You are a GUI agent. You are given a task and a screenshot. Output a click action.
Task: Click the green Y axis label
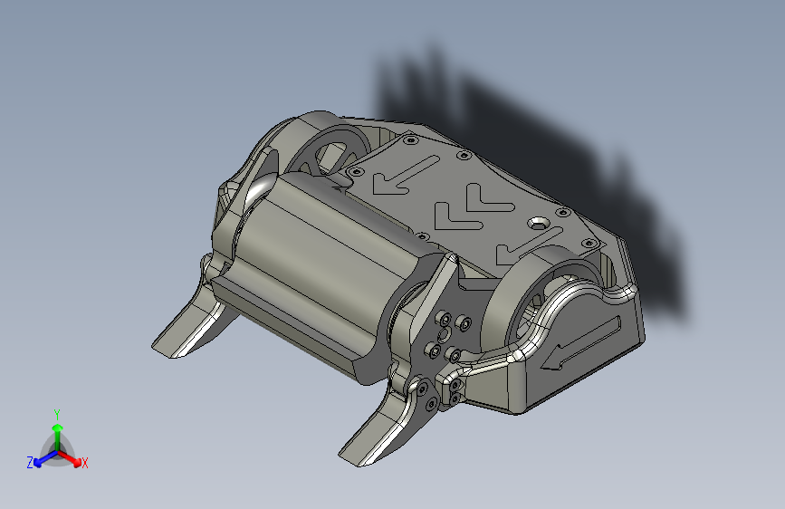(x=56, y=413)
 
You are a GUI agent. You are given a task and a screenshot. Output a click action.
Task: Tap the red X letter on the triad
(x=85, y=464)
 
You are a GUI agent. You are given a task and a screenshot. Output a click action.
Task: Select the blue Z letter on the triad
(x=30, y=463)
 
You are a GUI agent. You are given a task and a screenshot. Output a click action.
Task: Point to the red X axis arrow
(x=72, y=457)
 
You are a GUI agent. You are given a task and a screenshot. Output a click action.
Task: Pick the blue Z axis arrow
(x=42, y=458)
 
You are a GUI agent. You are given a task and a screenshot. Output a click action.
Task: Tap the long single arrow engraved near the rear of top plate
(x=404, y=175)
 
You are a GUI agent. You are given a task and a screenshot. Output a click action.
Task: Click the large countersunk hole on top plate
(x=541, y=222)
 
